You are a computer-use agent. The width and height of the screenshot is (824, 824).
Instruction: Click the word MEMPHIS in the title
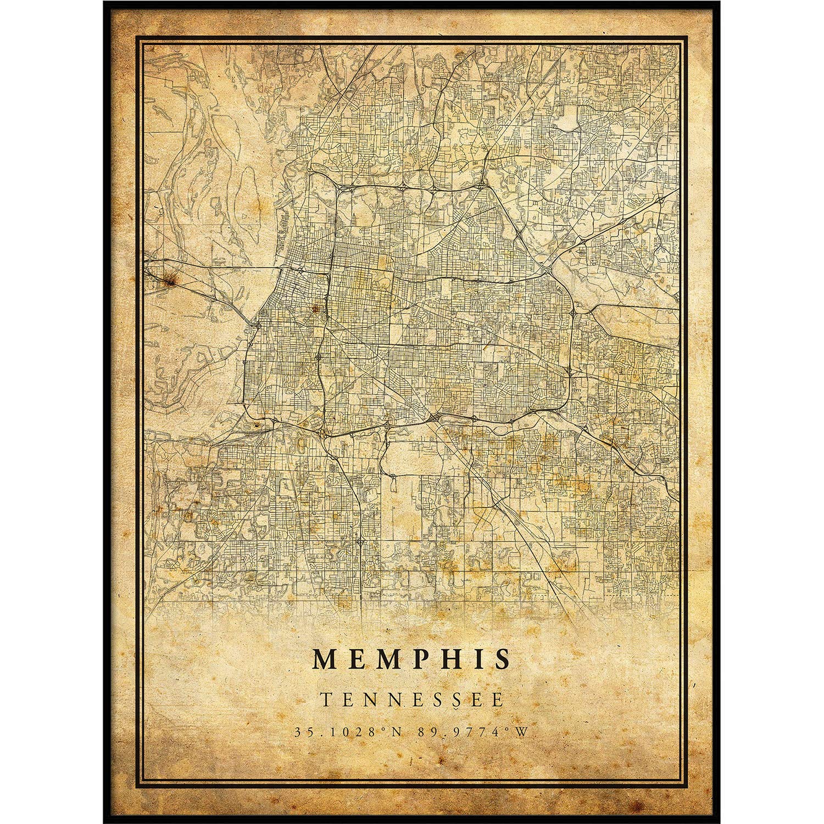coord(411,659)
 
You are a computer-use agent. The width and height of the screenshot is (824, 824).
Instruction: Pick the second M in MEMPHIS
coord(387,659)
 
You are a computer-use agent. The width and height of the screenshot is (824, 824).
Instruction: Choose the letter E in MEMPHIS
coord(357,659)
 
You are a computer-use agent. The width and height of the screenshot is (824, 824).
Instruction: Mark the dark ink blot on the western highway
coord(174,281)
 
